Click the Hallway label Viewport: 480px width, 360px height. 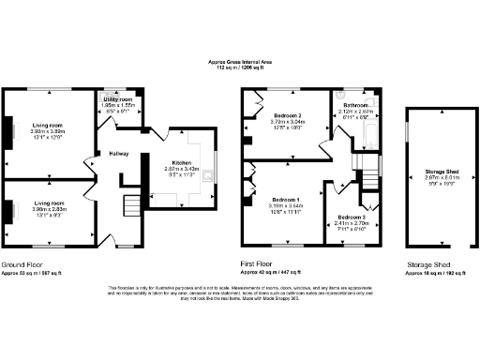[x=118, y=153]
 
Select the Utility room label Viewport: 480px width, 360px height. [x=118, y=97]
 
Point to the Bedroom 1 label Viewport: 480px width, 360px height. [x=286, y=200]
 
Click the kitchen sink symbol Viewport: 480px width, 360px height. [x=212, y=174]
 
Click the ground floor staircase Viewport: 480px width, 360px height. [x=129, y=207]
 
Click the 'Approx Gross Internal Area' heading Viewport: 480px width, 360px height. [x=240, y=62]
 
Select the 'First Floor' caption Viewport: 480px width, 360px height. [x=258, y=265]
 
